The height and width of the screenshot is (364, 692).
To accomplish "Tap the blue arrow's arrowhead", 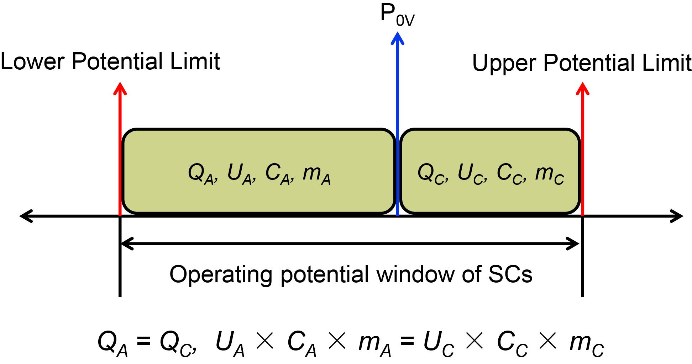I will (397, 38).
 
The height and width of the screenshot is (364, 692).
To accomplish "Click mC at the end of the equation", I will (586, 344).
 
